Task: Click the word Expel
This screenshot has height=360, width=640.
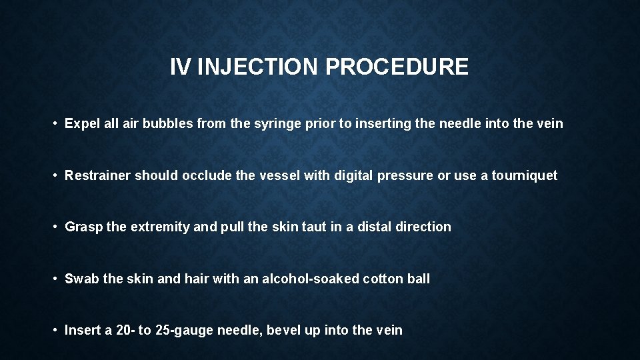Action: coord(81,123)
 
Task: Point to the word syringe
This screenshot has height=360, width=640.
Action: coord(289,123)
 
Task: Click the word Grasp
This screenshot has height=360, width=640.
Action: coord(83,227)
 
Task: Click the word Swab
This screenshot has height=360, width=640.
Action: coord(81,279)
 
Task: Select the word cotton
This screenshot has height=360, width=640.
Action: coord(383,279)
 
